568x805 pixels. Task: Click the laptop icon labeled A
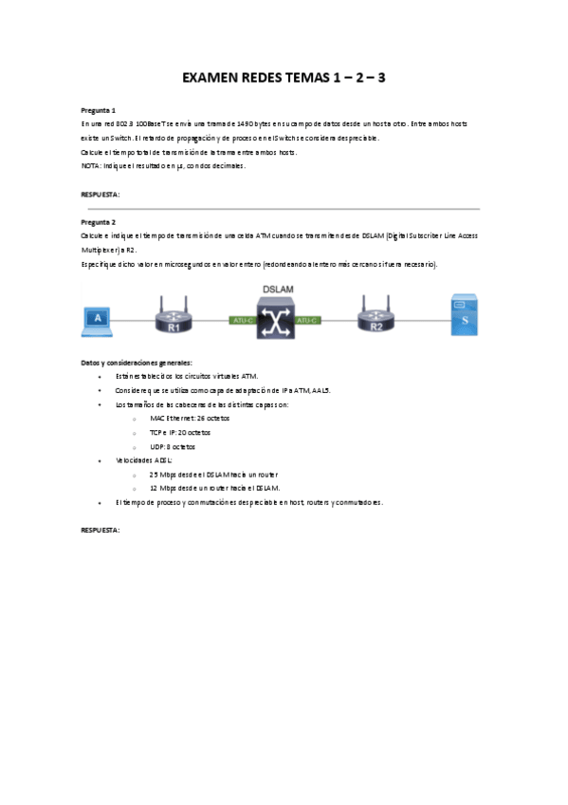tap(98, 320)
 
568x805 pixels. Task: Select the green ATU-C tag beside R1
tap(243, 321)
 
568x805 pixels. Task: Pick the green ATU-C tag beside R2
tap(306, 321)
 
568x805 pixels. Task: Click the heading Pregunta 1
tap(99, 110)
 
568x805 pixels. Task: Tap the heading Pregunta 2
tap(99, 222)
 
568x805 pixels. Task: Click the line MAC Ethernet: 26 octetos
tap(189, 418)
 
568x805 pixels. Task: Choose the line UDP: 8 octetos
tap(176, 445)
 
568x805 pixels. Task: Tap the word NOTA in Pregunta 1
tap(91, 166)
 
